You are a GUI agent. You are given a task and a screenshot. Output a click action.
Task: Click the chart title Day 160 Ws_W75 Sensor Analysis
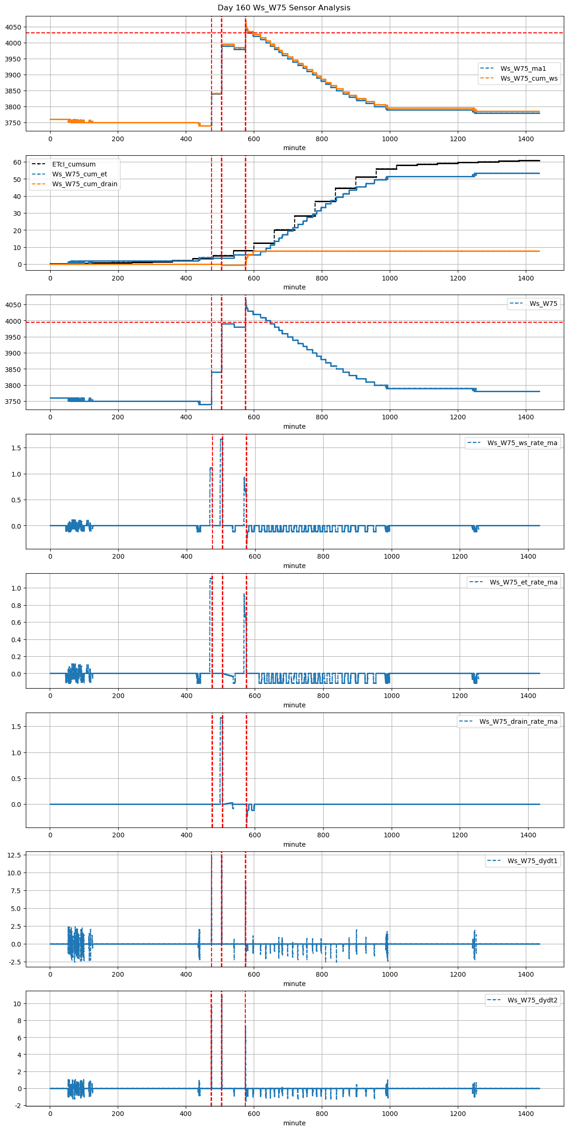click(284, 8)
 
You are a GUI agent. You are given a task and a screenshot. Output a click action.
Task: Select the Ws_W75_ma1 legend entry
click(523, 68)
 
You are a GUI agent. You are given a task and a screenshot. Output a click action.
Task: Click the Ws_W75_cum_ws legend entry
click(529, 78)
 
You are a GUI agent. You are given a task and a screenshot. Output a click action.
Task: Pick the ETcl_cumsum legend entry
click(74, 164)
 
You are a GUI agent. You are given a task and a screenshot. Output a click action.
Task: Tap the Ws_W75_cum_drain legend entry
click(84, 184)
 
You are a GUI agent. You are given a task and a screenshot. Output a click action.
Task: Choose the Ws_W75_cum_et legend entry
click(79, 174)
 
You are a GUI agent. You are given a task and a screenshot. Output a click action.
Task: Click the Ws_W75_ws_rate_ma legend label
click(522, 443)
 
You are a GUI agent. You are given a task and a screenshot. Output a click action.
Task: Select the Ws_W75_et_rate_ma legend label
click(523, 582)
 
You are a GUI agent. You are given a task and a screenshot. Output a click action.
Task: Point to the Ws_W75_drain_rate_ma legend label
click(518, 721)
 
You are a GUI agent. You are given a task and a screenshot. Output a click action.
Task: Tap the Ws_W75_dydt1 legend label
click(532, 861)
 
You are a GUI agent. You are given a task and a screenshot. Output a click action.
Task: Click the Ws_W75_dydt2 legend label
click(532, 1000)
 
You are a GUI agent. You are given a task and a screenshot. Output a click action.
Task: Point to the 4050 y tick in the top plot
click(13, 27)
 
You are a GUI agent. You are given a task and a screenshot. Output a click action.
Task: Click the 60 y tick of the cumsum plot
click(17, 162)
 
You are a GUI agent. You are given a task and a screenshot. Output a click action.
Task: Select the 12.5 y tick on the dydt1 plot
click(15, 855)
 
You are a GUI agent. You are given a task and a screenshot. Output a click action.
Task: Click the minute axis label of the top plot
click(294, 148)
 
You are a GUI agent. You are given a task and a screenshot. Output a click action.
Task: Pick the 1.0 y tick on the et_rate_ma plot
click(16, 588)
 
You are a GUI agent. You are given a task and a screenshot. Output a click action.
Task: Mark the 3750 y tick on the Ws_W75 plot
click(13, 402)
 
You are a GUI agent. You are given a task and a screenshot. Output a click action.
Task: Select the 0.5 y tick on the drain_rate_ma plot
click(16, 778)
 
